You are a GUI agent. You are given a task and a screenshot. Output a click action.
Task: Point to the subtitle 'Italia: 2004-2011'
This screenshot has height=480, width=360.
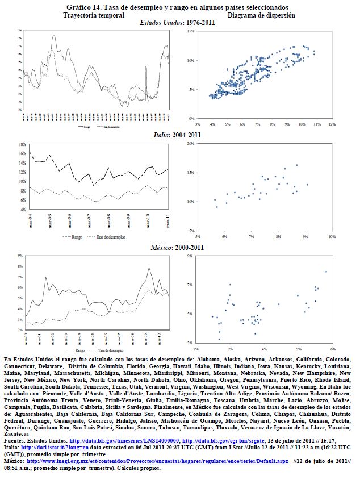coord(178,135)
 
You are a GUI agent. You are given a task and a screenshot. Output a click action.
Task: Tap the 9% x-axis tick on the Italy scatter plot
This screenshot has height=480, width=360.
coord(305,236)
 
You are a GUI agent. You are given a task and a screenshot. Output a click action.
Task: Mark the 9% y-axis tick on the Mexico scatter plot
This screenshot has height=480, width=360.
coord(191,256)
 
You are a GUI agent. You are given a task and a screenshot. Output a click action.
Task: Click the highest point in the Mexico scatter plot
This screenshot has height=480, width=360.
coord(326,272)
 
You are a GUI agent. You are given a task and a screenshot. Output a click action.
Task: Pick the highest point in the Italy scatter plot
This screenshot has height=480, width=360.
coord(296,165)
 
